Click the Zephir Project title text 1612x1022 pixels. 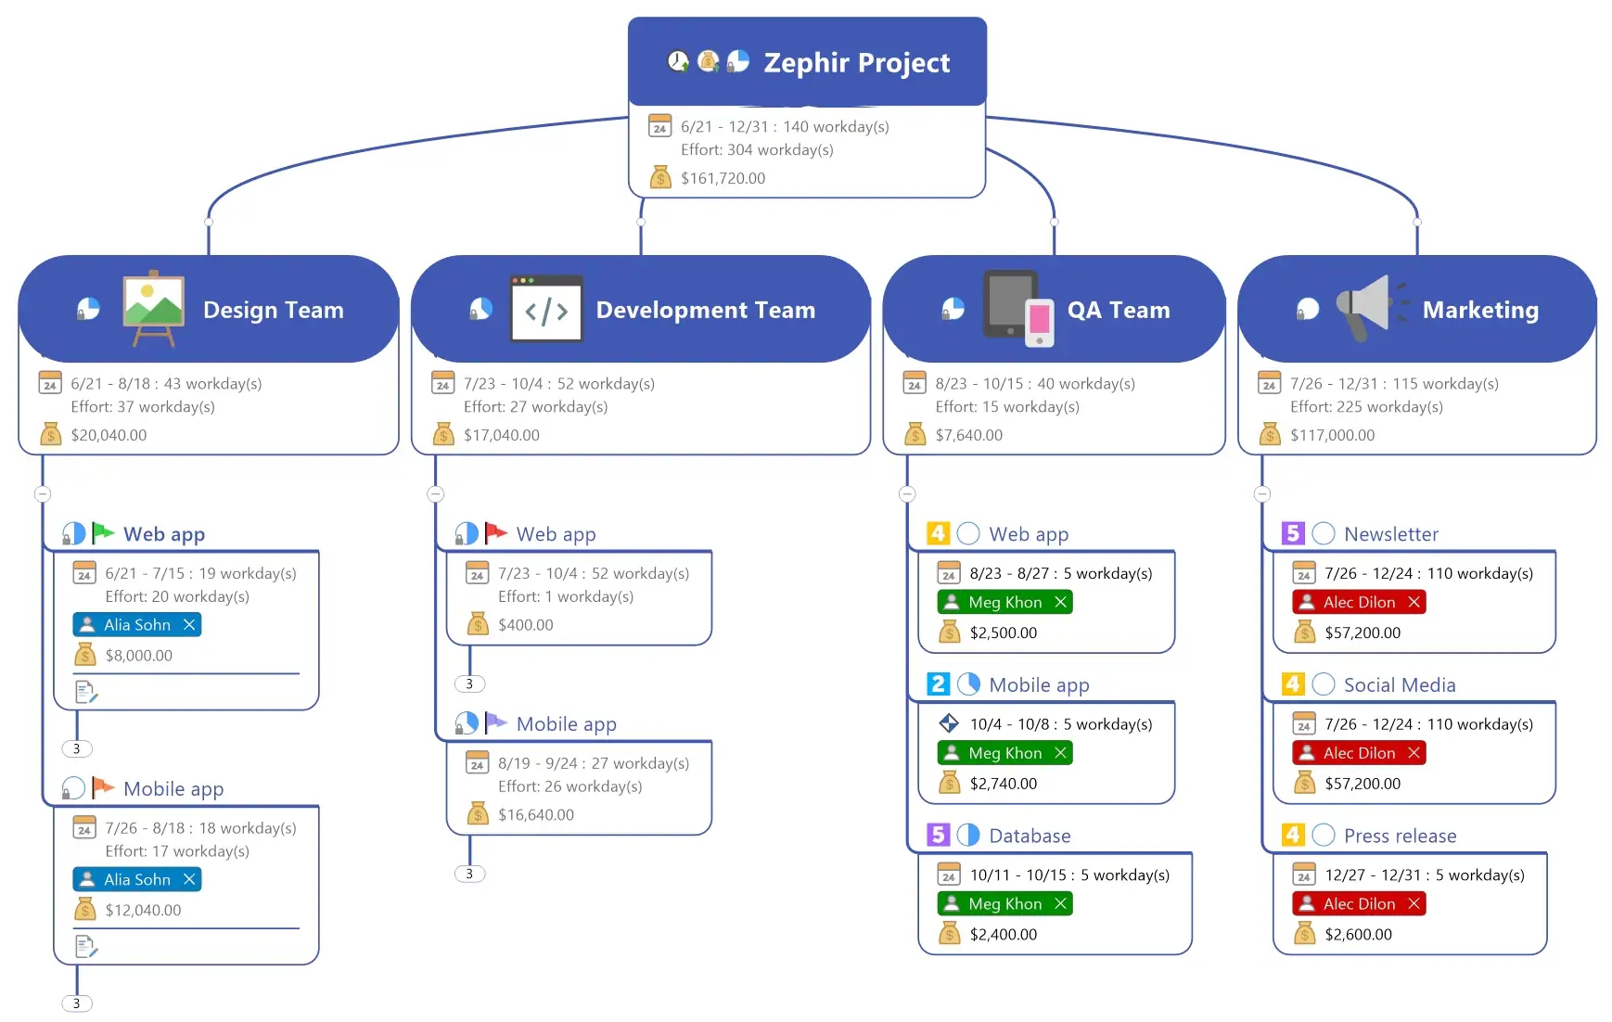(855, 63)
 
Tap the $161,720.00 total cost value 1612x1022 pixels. (723, 178)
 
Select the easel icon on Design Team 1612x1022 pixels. (153, 309)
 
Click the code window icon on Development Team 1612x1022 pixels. (546, 310)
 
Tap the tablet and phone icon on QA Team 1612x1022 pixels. (1018, 309)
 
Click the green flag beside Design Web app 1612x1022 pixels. (103, 533)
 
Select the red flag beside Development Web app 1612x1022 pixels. (496, 533)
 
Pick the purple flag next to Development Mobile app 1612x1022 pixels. (496, 722)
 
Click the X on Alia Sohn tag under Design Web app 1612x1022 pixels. (189, 625)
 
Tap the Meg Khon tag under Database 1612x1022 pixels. (1004, 904)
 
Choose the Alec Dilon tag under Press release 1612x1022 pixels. (1358, 904)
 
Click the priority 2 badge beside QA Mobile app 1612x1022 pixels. (938, 684)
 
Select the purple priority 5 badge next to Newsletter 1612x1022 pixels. (1293, 533)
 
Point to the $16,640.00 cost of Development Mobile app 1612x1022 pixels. (535, 815)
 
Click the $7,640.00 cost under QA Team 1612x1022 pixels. (968, 435)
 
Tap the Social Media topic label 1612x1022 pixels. (1399, 684)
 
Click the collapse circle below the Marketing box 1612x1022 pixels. (1261, 494)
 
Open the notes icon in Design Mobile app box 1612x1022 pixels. (86, 947)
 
